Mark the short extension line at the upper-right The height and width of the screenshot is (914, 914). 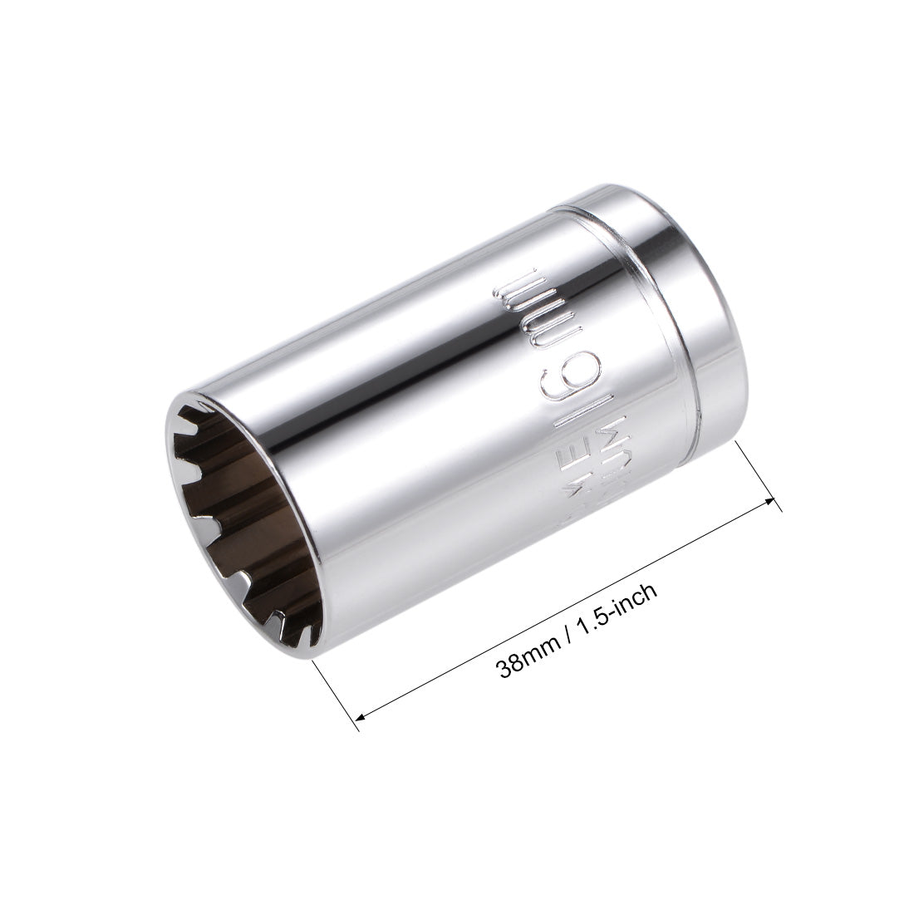[756, 474]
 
